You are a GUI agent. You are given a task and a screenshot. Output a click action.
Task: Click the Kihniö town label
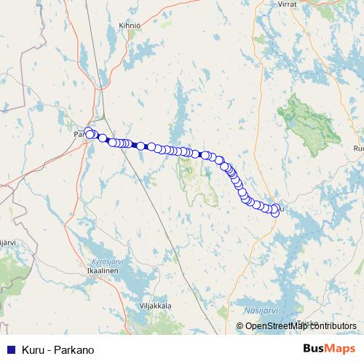(128, 25)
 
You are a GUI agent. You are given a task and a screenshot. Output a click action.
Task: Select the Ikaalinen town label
(102, 269)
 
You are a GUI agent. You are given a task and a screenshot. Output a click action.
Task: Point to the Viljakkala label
(154, 306)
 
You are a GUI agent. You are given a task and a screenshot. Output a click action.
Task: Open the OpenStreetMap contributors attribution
(301, 326)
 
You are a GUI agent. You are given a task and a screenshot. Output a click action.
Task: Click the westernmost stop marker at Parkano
(89, 132)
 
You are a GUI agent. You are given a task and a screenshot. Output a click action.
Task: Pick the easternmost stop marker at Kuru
(275, 212)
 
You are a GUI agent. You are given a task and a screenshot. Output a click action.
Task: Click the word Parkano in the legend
(76, 350)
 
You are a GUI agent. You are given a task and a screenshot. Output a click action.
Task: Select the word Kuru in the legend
(33, 350)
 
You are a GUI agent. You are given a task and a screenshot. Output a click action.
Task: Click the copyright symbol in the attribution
(240, 326)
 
